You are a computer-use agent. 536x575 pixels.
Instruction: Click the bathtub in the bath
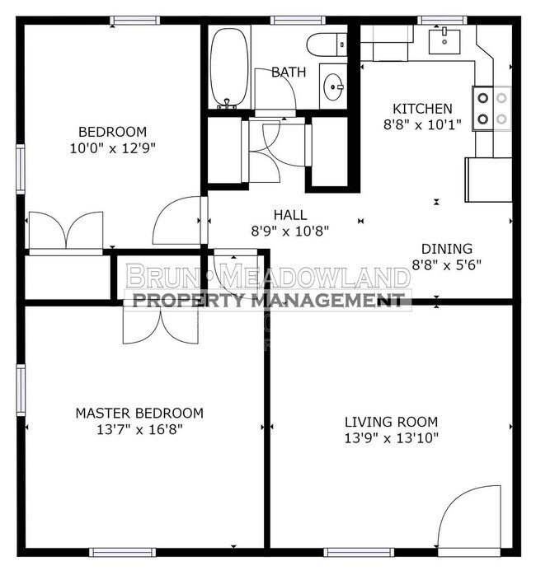(228, 68)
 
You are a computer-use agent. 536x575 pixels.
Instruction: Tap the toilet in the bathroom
(327, 44)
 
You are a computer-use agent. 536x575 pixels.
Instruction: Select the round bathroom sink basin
(333, 87)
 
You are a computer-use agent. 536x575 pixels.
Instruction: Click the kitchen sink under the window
(444, 41)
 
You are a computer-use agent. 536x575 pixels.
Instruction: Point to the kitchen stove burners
(492, 109)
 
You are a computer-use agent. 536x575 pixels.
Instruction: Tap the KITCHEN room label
(422, 109)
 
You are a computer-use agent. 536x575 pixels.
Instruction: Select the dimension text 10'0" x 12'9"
(113, 148)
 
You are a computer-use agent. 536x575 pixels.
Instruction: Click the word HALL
(290, 215)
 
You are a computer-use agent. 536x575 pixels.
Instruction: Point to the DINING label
(446, 249)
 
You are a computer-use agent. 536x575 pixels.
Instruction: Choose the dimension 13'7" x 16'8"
(139, 429)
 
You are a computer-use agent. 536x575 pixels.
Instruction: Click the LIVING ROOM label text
(391, 422)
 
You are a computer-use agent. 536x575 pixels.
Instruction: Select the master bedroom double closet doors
(161, 324)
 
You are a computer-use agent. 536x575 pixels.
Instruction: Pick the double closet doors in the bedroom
(66, 231)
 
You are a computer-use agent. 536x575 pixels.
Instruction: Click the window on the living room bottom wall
(359, 552)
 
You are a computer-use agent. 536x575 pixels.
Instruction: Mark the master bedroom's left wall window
(21, 390)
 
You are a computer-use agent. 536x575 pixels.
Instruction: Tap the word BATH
(289, 72)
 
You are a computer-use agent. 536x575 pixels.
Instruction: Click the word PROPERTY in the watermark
(187, 301)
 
